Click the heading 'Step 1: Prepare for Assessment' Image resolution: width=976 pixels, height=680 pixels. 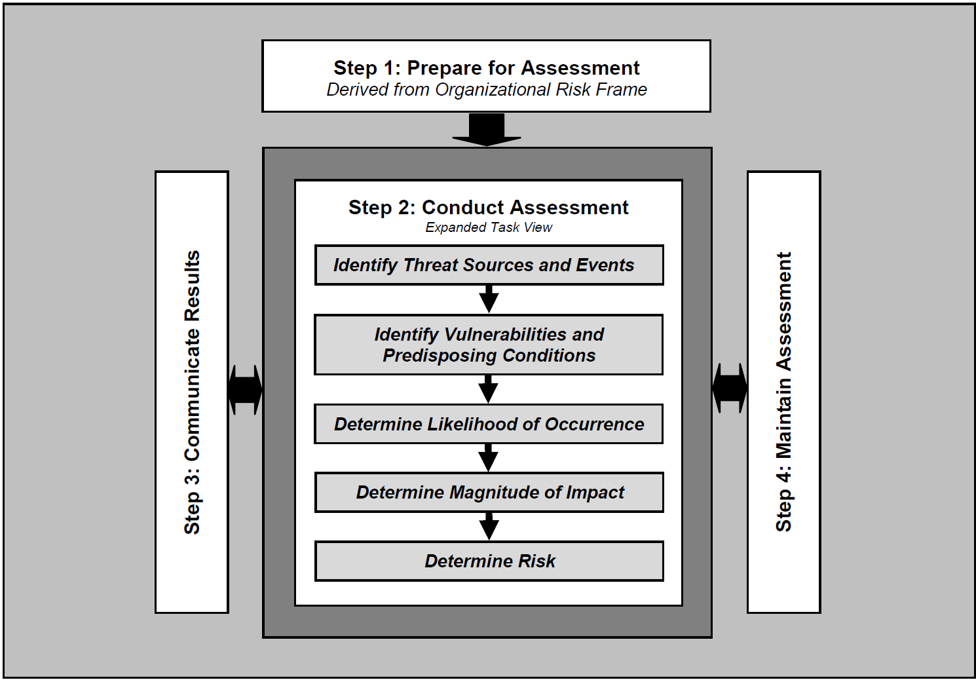(486, 67)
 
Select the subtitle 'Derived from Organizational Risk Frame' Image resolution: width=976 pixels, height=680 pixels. (486, 90)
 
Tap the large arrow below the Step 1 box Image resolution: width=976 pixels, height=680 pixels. (487, 129)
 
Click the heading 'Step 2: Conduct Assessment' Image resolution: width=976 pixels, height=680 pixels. (488, 208)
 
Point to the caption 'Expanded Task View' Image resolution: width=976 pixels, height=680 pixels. (488, 227)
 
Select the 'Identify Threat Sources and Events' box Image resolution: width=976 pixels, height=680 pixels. (489, 265)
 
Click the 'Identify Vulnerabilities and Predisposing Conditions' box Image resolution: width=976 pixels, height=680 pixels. (489, 345)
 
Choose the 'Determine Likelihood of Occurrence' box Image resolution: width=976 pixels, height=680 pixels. (489, 424)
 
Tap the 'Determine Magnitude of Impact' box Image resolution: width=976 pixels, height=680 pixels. (489, 492)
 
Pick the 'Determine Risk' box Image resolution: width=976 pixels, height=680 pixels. (489, 561)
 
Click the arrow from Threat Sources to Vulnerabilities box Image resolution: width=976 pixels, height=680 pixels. (489, 299)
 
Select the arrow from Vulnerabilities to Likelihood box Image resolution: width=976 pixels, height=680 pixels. (488, 388)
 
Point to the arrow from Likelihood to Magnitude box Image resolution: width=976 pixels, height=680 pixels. (488, 457)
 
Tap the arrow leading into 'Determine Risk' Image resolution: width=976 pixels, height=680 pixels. (489, 525)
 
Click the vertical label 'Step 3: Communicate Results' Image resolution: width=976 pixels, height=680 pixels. (192, 392)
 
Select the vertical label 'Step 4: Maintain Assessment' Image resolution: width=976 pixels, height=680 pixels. (783, 392)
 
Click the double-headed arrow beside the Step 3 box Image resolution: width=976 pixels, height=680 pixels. (246, 390)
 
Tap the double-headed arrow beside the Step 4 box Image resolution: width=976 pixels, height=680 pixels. (730, 388)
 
